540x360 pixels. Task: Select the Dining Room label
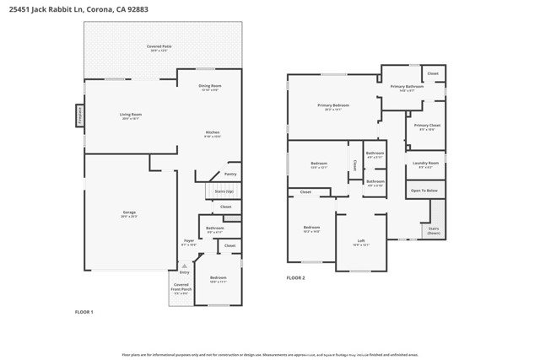[x=209, y=86]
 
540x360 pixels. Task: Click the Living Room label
[x=130, y=116]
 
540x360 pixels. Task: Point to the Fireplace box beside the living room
[x=80, y=115]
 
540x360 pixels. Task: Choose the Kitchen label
[x=213, y=133]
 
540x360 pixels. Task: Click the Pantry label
[x=230, y=174]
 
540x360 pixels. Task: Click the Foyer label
[x=189, y=241]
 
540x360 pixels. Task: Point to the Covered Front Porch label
[x=181, y=287]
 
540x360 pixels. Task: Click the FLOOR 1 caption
[x=84, y=312]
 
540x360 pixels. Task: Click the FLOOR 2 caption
[x=295, y=277]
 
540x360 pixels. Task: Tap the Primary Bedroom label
[x=333, y=105]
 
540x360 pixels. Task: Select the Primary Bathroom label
[x=407, y=87]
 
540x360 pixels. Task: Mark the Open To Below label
[x=424, y=191]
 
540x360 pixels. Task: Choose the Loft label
[x=361, y=241]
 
